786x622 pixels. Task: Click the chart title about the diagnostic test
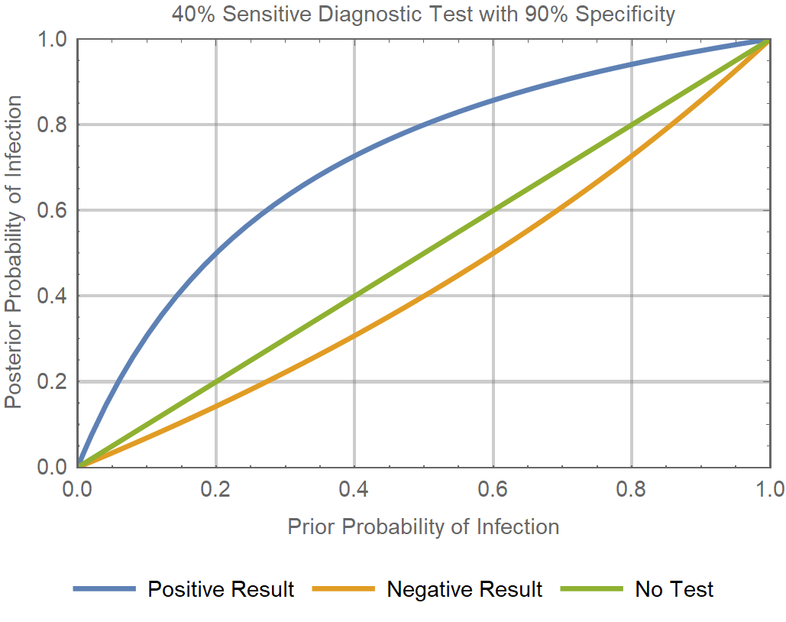[423, 15]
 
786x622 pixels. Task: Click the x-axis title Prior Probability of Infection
[423, 526]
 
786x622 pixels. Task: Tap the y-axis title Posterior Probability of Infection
[13, 252]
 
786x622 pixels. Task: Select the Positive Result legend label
[221, 589]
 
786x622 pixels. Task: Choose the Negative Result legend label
[464, 589]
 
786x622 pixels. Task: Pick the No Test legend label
[674, 589]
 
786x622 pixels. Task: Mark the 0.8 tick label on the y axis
[53, 125]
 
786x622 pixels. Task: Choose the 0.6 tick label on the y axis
[53, 210]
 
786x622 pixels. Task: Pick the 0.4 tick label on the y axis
[53, 296]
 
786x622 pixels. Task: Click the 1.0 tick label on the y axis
[53, 39]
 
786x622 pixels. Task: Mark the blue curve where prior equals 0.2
[216, 253]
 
